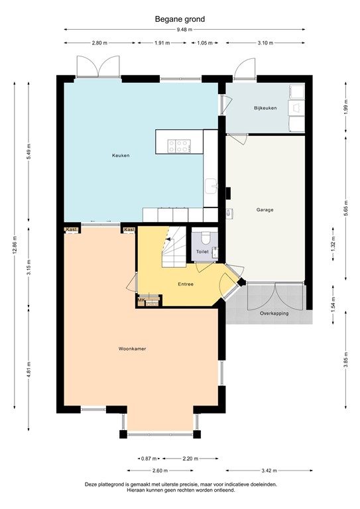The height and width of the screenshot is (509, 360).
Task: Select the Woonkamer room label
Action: [133, 348]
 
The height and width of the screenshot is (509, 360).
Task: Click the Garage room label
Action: [265, 210]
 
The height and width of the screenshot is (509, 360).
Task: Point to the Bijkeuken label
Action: [265, 107]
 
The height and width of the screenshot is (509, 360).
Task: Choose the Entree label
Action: [186, 284]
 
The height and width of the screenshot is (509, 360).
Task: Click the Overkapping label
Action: [274, 313]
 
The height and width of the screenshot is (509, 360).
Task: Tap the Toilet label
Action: [202, 253]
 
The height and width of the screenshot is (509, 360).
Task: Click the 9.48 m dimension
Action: [184, 30]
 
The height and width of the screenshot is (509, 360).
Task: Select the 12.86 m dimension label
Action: [15, 243]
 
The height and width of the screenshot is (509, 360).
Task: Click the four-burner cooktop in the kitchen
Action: [180, 146]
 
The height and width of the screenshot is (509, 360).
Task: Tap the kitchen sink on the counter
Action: [211, 185]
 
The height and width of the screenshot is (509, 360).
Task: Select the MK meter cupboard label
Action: [141, 300]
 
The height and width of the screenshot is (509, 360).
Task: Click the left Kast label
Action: [71, 230]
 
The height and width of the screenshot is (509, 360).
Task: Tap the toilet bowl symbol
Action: [205, 237]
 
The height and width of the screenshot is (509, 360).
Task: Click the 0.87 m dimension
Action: [149, 458]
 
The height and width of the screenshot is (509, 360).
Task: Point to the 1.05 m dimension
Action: [206, 43]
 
